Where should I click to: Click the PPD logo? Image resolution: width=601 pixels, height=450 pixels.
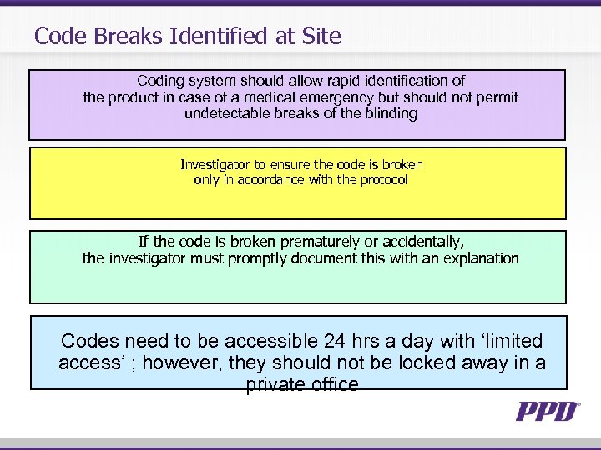point(548,411)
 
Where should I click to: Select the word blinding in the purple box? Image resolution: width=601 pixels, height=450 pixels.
point(390,113)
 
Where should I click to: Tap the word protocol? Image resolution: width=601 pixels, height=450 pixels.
point(381,180)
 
